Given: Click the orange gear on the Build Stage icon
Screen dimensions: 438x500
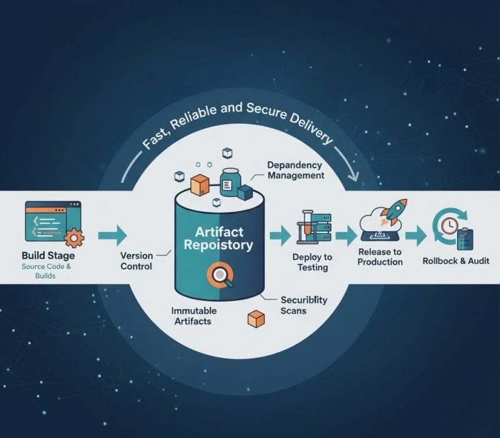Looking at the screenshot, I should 74,238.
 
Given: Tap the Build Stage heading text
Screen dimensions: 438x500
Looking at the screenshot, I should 48,256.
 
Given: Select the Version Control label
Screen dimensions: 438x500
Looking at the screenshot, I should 136,261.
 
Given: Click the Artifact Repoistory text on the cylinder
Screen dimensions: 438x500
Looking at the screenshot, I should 218,238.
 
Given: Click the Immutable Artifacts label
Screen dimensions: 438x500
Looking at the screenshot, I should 194,316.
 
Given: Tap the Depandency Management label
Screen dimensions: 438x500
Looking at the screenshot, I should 295,170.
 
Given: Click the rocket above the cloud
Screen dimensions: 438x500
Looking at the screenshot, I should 392,211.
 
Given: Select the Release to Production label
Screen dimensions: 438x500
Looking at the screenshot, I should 380,256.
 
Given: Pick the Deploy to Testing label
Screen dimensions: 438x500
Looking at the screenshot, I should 312,262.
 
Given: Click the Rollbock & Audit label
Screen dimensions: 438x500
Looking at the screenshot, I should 456,260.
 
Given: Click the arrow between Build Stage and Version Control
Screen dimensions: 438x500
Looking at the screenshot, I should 112,235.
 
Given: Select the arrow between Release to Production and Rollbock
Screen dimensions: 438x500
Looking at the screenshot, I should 416,236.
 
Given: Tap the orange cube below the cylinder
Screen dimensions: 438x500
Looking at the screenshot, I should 256,319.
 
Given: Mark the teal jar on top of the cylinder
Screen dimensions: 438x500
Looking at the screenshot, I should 230,180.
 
